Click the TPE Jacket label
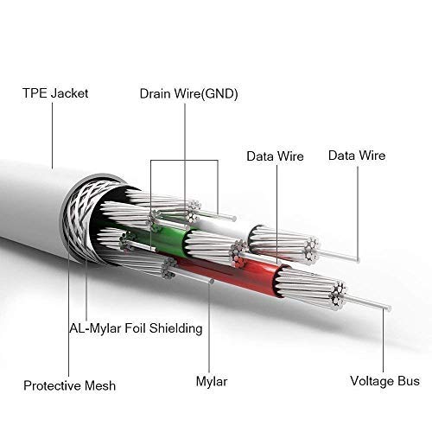pyautogui.click(x=55, y=93)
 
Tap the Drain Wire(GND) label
pyautogui.click(x=189, y=94)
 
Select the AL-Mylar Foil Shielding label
pyautogui.click(x=136, y=328)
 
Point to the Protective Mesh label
pyautogui.click(x=69, y=385)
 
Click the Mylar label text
pyautogui.click(x=212, y=382)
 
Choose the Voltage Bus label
pyautogui.click(x=384, y=381)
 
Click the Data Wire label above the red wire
pyautogui.click(x=275, y=156)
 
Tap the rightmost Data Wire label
pyautogui.click(x=357, y=156)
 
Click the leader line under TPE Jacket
pyautogui.click(x=53, y=136)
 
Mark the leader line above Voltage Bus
pyautogui.click(x=384, y=340)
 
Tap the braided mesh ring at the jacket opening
pyautogui.click(x=84, y=219)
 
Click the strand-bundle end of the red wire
pyautogui.click(x=340, y=295)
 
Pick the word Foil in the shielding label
pyautogui.click(x=135, y=328)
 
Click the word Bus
pyautogui.click(x=409, y=381)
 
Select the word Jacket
pyautogui.click(x=70, y=93)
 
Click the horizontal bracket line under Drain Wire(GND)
pyautogui.click(x=184, y=160)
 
